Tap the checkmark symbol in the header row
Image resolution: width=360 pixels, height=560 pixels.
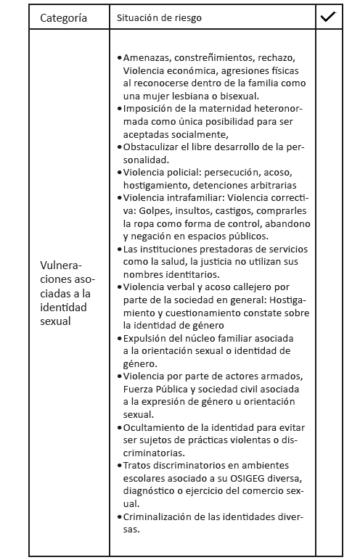tap(328, 16)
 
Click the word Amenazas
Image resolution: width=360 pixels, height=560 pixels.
tap(147, 57)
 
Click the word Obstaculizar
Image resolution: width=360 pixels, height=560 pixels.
tap(154, 147)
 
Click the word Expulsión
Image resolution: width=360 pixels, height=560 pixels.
tap(148, 338)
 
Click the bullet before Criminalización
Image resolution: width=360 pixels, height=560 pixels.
tap(119, 516)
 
